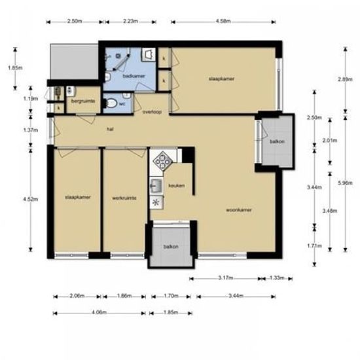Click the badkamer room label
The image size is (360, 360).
point(134,77)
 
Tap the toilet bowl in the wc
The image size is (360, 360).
point(111,103)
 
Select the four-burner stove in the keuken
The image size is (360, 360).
point(161,159)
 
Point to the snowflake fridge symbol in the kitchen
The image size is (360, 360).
point(156,202)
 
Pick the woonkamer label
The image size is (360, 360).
point(239,210)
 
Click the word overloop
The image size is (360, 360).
point(152,113)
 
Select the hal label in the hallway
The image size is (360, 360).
point(111,129)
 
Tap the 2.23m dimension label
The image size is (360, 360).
point(130,21)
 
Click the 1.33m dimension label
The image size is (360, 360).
point(276,278)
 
